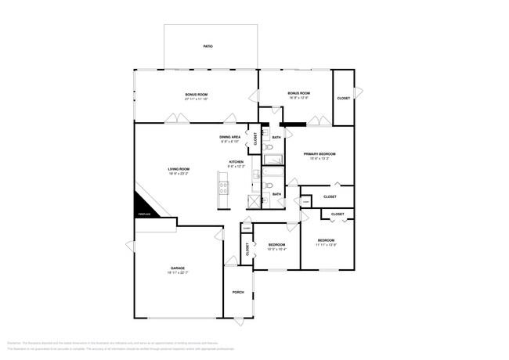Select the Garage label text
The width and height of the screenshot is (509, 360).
click(178, 268)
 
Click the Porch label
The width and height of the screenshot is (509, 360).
click(238, 292)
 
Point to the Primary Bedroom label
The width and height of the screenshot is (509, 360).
click(319, 154)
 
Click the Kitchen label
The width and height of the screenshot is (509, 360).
click(236, 161)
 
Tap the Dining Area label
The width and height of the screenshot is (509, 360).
click(229, 137)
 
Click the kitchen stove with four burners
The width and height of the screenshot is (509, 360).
click(223, 188)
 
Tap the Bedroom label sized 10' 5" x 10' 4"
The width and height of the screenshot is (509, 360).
click(276, 244)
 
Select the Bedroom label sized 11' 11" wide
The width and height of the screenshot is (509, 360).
click(326, 239)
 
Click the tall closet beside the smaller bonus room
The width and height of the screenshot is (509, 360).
click(343, 98)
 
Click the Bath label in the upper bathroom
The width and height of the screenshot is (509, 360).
click(276, 138)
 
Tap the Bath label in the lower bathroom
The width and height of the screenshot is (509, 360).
click(276, 194)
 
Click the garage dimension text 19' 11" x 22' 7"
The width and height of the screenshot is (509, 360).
click(178, 272)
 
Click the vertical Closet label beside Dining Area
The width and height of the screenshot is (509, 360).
click(254, 139)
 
